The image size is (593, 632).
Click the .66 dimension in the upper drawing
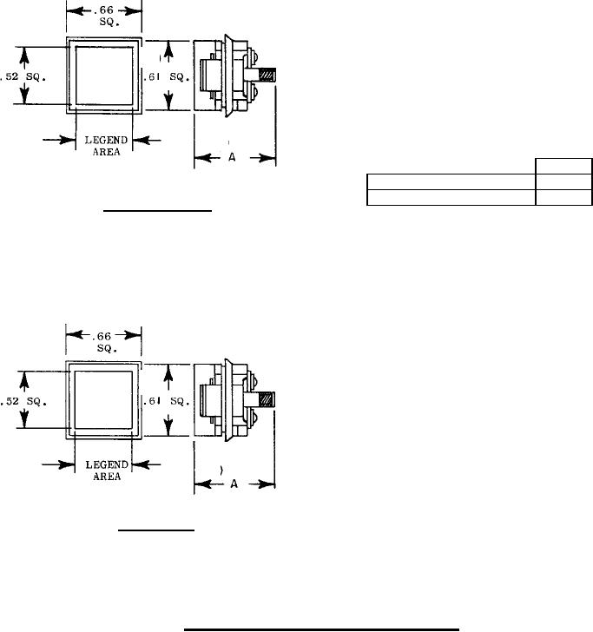coord(103,10)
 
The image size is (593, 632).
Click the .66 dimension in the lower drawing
coord(102,336)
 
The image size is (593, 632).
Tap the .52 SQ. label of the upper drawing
coord(23,76)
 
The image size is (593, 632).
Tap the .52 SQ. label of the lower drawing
coord(23,401)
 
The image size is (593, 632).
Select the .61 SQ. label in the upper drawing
coord(167,76)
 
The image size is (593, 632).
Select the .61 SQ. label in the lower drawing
coord(167,401)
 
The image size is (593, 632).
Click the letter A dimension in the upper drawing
coord(232,157)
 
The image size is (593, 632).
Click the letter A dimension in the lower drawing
coord(234,484)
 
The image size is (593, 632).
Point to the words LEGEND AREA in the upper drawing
coord(107,146)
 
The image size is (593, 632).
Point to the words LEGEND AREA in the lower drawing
coord(107,471)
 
